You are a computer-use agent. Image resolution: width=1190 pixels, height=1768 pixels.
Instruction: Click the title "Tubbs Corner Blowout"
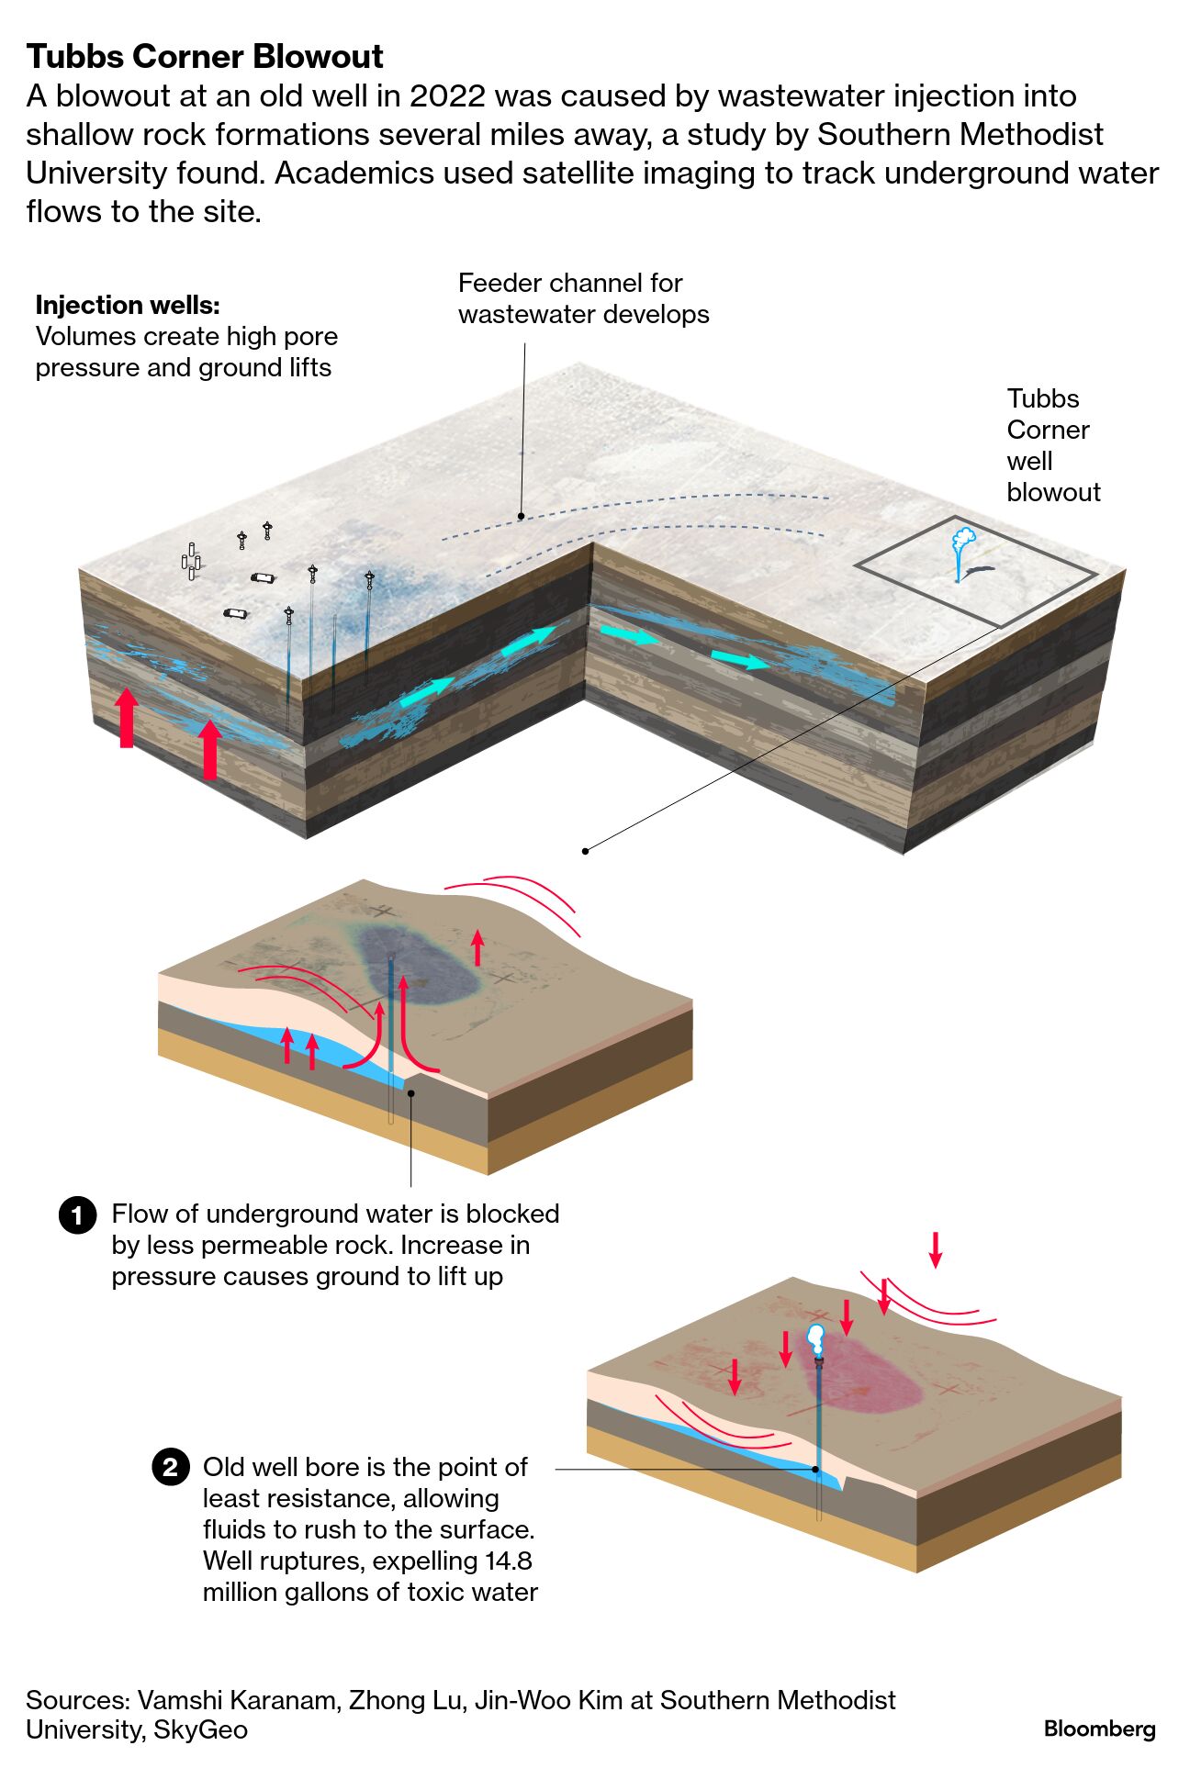tap(204, 57)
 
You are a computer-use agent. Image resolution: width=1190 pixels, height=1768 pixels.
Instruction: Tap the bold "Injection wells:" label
tap(128, 305)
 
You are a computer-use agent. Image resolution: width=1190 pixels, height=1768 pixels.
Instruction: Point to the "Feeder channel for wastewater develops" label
tap(583, 298)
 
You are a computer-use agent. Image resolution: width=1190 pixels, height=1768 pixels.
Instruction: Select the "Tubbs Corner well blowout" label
tap(1052, 445)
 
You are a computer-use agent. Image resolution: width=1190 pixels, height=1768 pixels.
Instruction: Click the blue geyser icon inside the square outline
tap(962, 551)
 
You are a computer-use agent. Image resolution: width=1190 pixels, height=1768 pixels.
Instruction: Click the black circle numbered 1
tap(77, 1214)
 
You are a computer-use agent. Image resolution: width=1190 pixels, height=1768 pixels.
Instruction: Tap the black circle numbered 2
tap(170, 1467)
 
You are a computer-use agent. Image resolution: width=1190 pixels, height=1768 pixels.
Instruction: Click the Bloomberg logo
tap(1099, 1729)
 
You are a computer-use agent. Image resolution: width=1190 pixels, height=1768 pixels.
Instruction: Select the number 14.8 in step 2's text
tap(504, 1561)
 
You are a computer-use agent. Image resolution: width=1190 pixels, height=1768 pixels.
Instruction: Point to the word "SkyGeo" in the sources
tap(200, 1729)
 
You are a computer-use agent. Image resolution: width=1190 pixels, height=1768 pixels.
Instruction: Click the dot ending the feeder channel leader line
tap(521, 517)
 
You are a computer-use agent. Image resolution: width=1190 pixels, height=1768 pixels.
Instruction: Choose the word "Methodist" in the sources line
tap(836, 1699)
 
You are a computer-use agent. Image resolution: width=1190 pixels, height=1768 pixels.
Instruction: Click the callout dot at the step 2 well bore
tap(815, 1469)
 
